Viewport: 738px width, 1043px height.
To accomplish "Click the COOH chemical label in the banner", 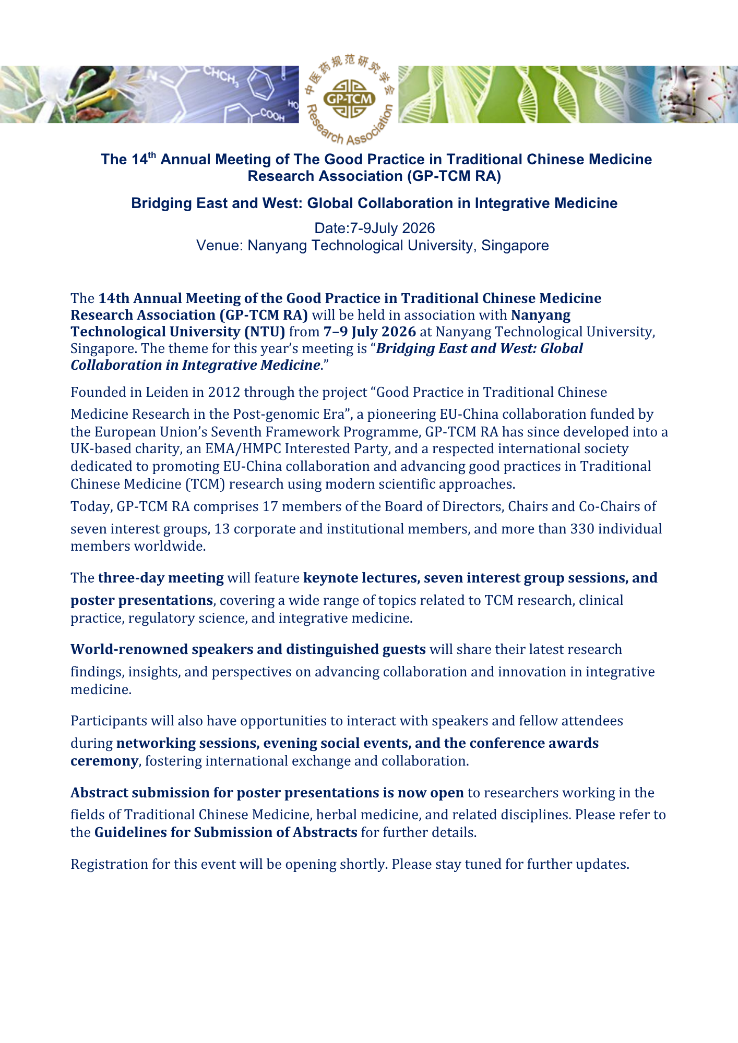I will (272, 115).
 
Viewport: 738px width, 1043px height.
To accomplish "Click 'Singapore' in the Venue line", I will (515, 246).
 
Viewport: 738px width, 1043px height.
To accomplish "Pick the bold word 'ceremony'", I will (104, 761).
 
